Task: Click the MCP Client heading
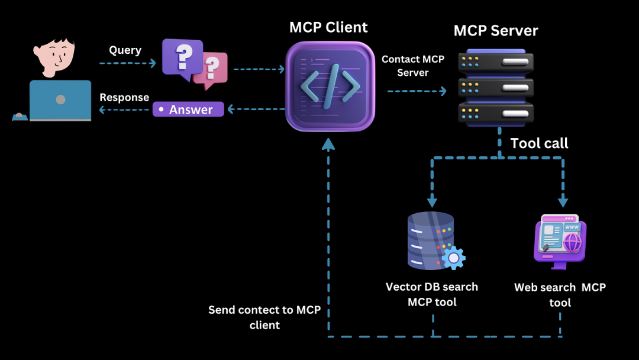click(328, 27)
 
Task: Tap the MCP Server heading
click(496, 31)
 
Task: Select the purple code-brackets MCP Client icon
click(330, 86)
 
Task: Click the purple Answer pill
click(188, 110)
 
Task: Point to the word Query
click(125, 50)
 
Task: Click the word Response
click(124, 97)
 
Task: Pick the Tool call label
click(539, 143)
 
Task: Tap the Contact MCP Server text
click(412, 66)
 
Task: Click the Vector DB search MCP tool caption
click(432, 294)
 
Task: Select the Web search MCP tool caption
click(560, 295)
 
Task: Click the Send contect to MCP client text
click(264, 317)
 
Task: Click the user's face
click(56, 55)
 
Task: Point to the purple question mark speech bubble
click(182, 57)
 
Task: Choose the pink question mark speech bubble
click(211, 70)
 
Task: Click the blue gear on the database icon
click(454, 258)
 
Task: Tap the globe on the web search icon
click(572, 242)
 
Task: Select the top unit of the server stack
click(496, 62)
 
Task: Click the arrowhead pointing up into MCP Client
click(328, 143)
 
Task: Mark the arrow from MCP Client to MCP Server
click(417, 91)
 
